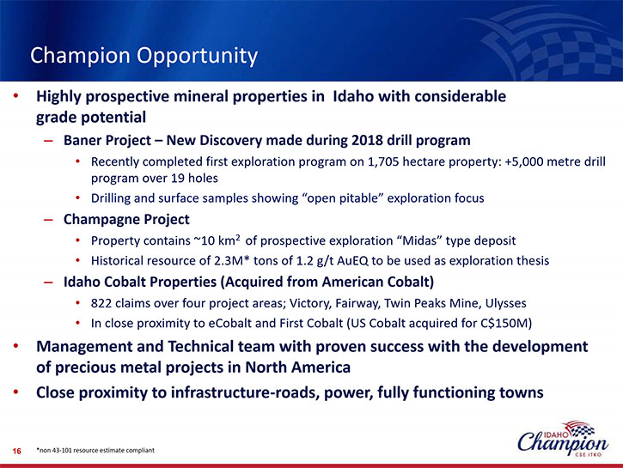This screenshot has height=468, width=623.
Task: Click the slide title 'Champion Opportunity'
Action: (x=144, y=56)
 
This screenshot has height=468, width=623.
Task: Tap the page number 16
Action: (x=16, y=451)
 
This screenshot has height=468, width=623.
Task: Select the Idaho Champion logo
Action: (x=563, y=439)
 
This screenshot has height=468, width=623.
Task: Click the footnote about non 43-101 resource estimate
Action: (x=95, y=450)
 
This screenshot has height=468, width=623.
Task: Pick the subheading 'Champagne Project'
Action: (x=126, y=220)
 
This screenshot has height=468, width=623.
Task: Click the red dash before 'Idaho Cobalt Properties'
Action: (x=48, y=283)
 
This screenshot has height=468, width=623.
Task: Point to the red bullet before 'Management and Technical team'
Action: (x=15, y=346)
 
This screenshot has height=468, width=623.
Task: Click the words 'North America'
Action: (x=297, y=368)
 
